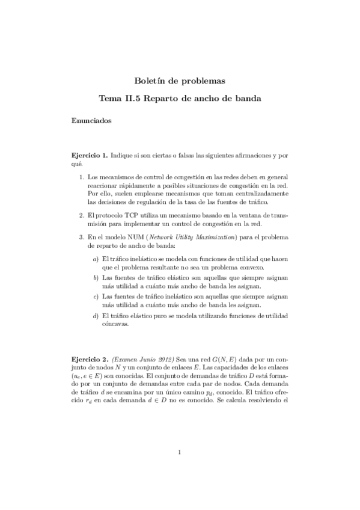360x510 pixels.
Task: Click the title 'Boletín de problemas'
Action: [180, 80]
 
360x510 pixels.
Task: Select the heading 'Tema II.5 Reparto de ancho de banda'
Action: [180, 97]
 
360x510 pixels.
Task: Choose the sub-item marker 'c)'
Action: [96, 296]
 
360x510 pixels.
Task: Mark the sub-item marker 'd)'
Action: [96, 315]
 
